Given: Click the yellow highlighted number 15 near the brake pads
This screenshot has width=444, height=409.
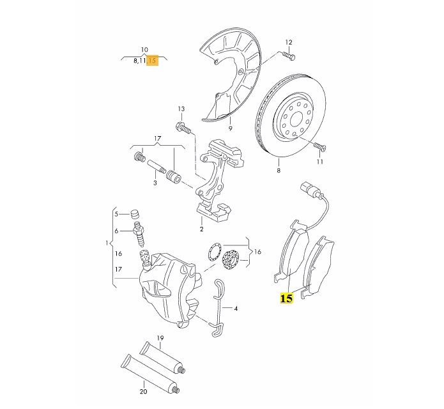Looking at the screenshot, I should (286, 298).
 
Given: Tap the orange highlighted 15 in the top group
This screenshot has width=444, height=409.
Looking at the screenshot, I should (152, 60).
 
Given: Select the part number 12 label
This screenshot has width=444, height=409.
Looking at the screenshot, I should (288, 42).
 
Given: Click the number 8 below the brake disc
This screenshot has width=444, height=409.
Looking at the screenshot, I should (279, 171).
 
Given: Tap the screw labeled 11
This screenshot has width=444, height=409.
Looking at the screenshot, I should (319, 148).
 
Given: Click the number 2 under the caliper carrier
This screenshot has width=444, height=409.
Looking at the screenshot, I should (201, 229).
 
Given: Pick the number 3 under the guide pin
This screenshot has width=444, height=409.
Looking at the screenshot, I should (155, 183).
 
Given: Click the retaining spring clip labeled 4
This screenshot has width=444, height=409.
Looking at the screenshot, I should (218, 307).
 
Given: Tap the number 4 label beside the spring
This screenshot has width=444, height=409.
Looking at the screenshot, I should (236, 309).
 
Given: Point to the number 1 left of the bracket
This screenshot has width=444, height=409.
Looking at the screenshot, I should (107, 243).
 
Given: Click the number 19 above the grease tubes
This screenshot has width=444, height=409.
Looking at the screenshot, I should (160, 337).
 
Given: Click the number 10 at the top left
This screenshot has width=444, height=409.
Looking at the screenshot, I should (144, 49).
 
